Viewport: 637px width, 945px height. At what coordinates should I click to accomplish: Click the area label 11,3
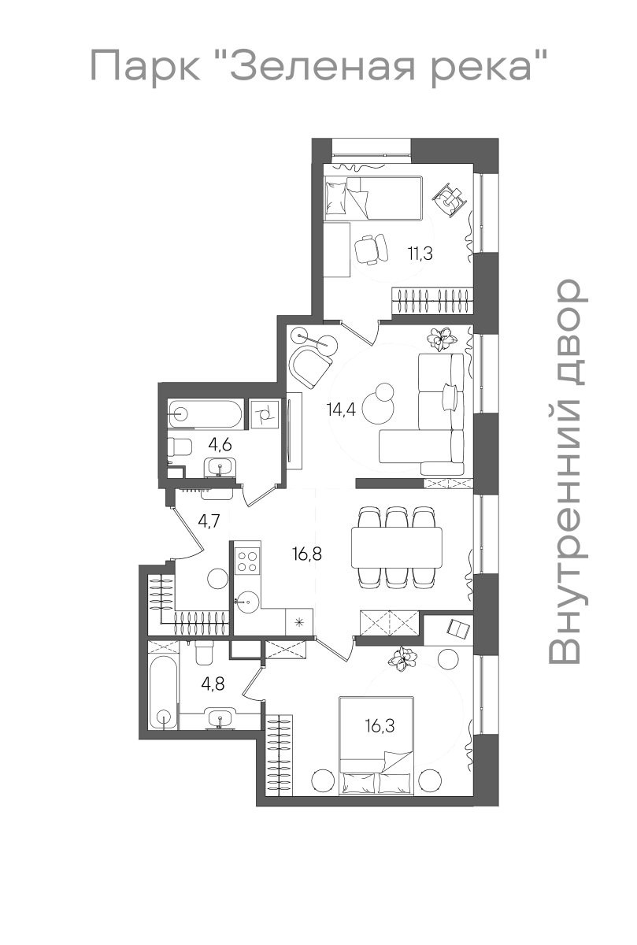click(x=420, y=254)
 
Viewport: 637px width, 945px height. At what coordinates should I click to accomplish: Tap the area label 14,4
click(x=341, y=409)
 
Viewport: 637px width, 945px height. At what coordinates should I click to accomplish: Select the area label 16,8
click(x=307, y=554)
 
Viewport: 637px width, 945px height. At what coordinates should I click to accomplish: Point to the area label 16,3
click(x=380, y=726)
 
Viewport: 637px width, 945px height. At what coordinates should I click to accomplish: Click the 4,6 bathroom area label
click(x=220, y=445)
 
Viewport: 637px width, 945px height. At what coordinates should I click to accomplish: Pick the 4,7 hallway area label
click(x=209, y=522)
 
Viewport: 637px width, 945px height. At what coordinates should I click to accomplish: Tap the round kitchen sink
click(x=246, y=602)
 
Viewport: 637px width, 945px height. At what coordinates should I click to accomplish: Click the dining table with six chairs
click(x=397, y=547)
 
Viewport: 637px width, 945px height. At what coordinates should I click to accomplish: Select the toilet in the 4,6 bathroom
click(x=180, y=447)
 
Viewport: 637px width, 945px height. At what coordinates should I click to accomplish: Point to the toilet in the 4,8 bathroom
click(x=206, y=653)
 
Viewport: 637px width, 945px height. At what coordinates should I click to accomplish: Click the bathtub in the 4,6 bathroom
click(x=205, y=414)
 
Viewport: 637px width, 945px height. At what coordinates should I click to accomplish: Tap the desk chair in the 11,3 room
click(x=371, y=250)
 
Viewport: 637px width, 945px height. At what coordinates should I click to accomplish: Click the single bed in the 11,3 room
click(x=373, y=198)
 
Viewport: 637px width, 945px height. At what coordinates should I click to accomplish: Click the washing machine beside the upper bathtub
click(x=265, y=414)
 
